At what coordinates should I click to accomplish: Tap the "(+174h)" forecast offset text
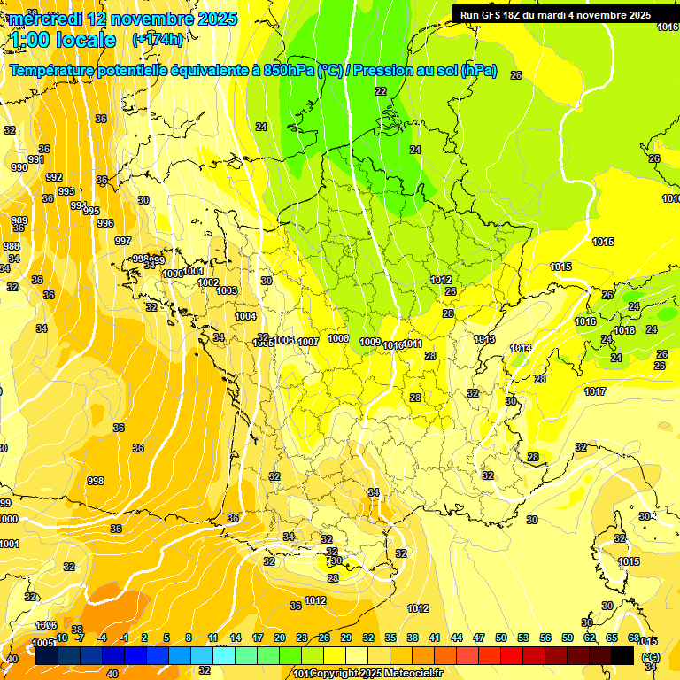[158, 40]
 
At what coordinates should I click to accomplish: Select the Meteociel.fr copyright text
[371, 674]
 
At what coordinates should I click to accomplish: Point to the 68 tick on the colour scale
[633, 637]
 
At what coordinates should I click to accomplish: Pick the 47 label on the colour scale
[479, 637]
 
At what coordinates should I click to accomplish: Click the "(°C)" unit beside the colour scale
[651, 657]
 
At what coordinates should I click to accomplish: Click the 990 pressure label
[19, 167]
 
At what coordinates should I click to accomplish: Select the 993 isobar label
[66, 191]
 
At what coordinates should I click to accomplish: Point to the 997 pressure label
[123, 241]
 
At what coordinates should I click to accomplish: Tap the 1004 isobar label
[245, 316]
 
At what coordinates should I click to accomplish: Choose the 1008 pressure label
[338, 338]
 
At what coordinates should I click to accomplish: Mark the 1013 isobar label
[484, 339]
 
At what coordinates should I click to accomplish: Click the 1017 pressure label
[595, 391]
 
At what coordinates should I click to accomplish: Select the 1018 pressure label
[625, 330]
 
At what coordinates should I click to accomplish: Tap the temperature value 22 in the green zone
[381, 91]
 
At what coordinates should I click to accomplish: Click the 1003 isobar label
[227, 290]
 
